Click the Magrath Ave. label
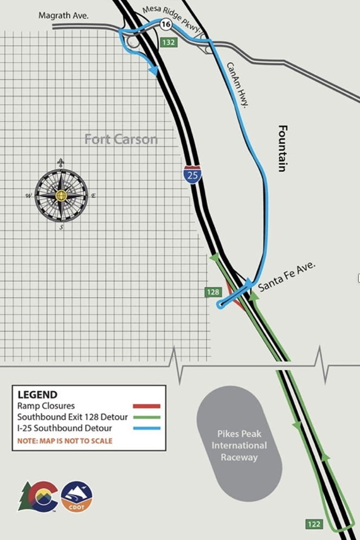pyautogui.click(x=63, y=16)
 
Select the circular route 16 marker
pyautogui.click(x=165, y=24)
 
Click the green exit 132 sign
pyautogui.click(x=169, y=42)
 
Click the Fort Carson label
pyautogui.click(x=121, y=139)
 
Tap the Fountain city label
pyautogui.click(x=282, y=149)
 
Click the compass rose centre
pyautogui.click(x=61, y=195)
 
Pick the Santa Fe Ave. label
pyautogui.click(x=287, y=277)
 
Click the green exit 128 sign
pyautogui.click(x=213, y=292)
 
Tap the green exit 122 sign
pyautogui.click(x=314, y=524)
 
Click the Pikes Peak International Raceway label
pyautogui.click(x=239, y=445)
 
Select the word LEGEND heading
pyautogui.click(x=37, y=395)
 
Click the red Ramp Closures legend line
pyautogui.click(x=147, y=406)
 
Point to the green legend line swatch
pyautogui.click(x=147, y=417)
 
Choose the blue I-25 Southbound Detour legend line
pyautogui.click(x=147, y=428)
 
